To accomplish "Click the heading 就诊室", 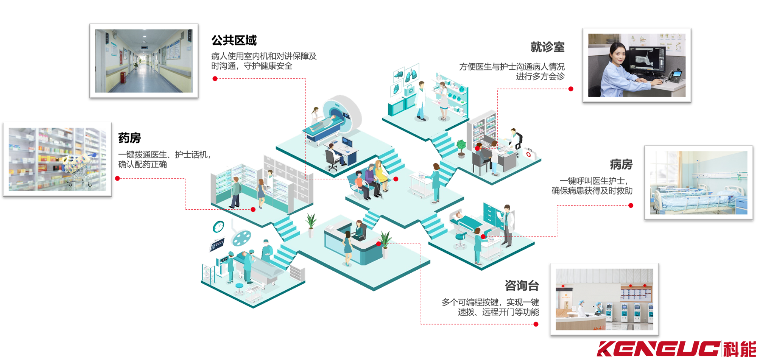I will (547, 47).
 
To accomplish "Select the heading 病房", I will (621, 164).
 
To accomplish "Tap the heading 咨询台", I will (522, 285).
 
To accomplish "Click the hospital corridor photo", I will (144, 61).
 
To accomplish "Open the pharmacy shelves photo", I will (57, 159).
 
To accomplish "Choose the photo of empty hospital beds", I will (698, 183).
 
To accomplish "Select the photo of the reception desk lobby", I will (604, 299).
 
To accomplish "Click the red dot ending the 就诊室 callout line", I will (571, 89).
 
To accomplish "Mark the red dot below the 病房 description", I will (631, 206).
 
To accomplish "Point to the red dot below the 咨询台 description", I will (536, 324).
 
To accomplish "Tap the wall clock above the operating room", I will (218, 226).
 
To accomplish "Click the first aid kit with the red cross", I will (528, 154).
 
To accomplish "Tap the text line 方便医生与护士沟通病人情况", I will (512, 67).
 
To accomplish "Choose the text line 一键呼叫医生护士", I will (593, 181).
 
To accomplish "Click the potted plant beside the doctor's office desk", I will (461, 148).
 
